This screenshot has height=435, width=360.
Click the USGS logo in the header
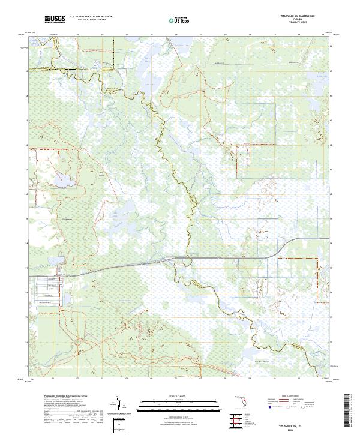[55, 20]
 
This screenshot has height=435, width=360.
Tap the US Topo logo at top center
[180, 20]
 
